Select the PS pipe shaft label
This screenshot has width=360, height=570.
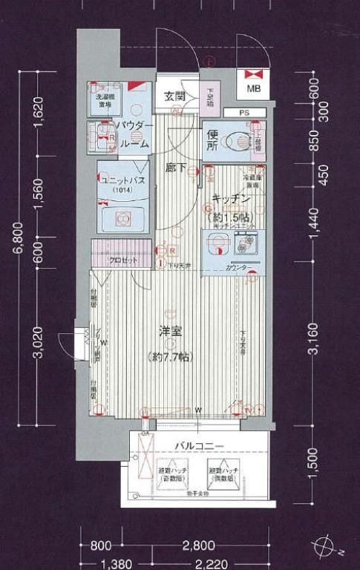coord(243,113)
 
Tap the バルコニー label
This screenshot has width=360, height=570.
coord(200,445)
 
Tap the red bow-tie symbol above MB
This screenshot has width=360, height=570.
coord(254,73)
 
